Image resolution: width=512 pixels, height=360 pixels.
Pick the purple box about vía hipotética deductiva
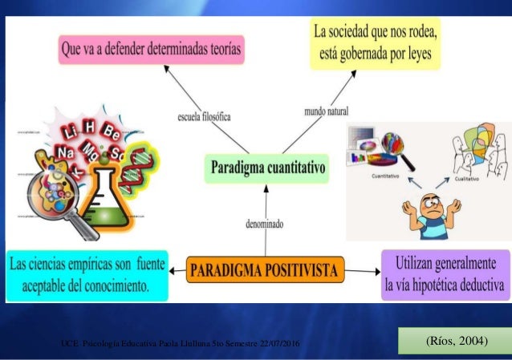click(445, 273)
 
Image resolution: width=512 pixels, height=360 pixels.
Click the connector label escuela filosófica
click(204, 116)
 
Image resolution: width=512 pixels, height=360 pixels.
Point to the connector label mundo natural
click(326, 109)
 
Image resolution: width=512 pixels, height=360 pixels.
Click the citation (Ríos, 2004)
click(455, 342)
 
